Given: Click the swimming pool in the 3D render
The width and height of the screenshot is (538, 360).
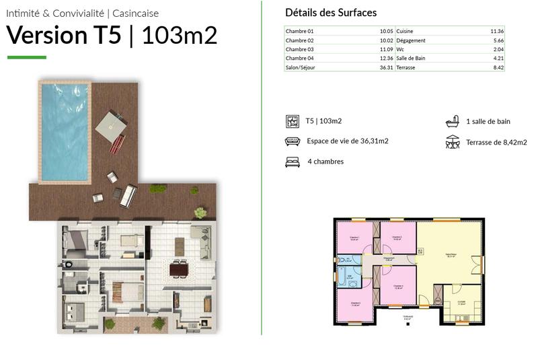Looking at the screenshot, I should (65, 132).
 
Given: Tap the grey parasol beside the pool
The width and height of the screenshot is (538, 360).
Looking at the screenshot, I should (110, 124).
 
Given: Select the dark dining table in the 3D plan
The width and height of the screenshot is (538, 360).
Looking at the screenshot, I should (180, 270).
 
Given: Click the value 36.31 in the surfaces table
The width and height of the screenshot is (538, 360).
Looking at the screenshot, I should (386, 67).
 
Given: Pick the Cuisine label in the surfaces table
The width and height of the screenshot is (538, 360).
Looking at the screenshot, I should (405, 32).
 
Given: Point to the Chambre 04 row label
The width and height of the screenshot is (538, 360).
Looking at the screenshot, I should (299, 59).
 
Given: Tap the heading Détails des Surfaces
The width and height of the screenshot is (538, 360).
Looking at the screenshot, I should (331, 13).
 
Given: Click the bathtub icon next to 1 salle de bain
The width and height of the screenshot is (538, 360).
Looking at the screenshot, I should (452, 122).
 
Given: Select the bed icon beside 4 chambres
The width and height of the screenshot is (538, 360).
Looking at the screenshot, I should (293, 161).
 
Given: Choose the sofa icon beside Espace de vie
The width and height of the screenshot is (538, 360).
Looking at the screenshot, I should (293, 141).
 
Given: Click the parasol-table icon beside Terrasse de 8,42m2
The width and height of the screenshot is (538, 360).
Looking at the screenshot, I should (452, 142).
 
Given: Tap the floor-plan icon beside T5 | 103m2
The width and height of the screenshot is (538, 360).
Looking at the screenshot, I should (293, 121).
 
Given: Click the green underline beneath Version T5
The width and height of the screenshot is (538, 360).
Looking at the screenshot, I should (27, 57).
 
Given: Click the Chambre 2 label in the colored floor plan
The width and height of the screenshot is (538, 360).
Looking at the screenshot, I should (397, 238).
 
